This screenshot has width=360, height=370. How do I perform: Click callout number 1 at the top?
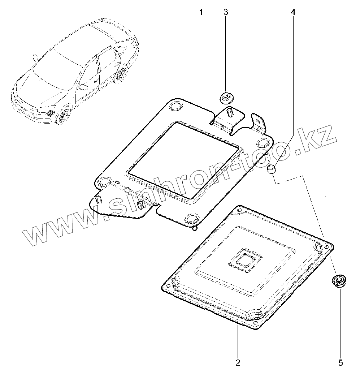point(201,12)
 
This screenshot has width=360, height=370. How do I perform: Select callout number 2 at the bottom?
point(238,362)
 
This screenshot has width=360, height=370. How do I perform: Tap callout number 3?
point(226,12)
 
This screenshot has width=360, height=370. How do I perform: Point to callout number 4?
point(293,12)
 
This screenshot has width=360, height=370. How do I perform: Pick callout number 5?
point(340,362)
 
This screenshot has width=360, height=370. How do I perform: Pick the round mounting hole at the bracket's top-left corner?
point(176,106)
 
